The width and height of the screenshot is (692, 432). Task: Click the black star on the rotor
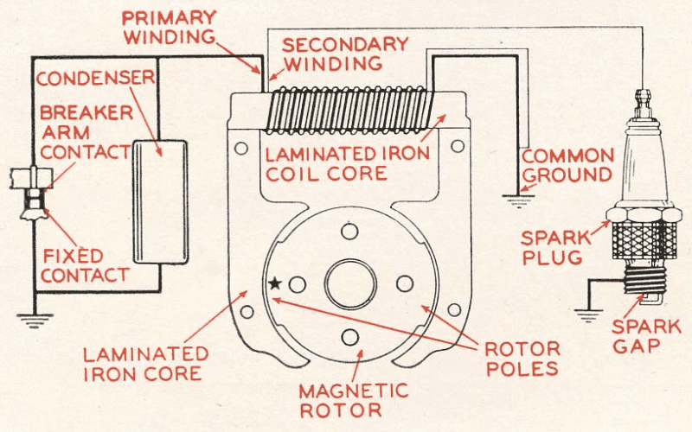click(x=275, y=283)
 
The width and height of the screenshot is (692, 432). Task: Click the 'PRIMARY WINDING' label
click(x=169, y=27)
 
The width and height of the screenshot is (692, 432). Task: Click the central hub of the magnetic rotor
click(x=350, y=283)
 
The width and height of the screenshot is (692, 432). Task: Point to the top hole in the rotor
click(x=349, y=231)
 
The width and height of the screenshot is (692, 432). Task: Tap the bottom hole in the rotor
click(x=349, y=336)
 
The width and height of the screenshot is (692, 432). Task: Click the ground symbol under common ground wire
click(x=518, y=202)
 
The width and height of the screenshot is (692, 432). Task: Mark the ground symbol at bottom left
click(x=34, y=321)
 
